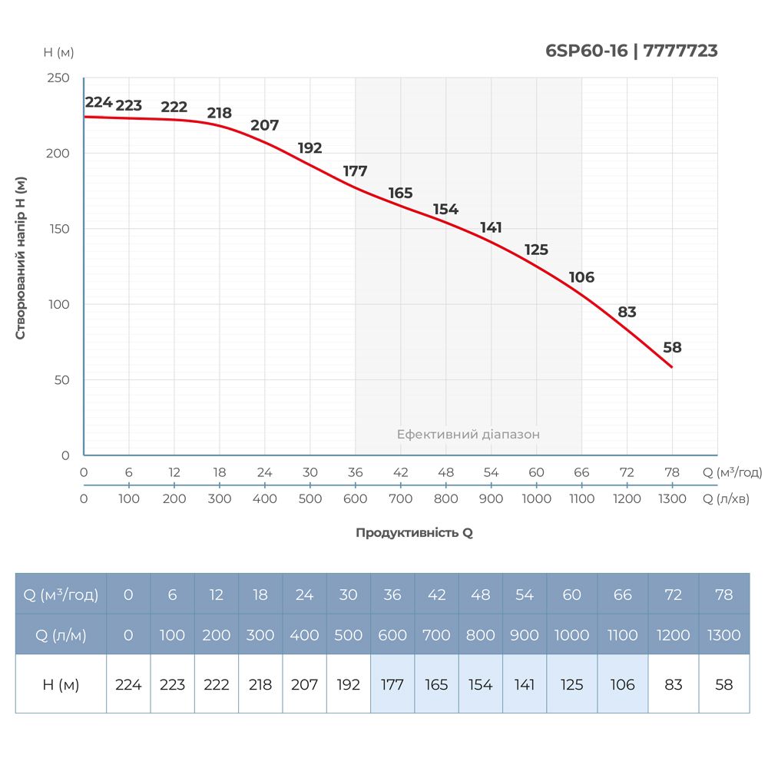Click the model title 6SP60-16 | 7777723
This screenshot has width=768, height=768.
(631, 51)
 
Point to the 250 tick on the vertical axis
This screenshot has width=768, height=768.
(59, 78)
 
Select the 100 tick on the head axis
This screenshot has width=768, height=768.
(59, 304)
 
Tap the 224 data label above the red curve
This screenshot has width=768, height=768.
(98, 102)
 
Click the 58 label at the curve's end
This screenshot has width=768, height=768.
(672, 347)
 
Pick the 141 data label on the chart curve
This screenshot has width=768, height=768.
(491, 227)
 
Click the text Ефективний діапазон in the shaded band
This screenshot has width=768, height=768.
(468, 434)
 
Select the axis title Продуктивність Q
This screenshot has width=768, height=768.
(414, 532)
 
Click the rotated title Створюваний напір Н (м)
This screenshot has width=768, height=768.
(22, 257)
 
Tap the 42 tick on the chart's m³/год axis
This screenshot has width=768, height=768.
(400, 472)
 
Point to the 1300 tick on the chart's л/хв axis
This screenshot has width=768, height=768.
(672, 498)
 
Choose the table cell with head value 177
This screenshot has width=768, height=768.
(392, 684)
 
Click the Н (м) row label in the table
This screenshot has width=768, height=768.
(61, 684)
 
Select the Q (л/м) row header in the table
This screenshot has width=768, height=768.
(61, 635)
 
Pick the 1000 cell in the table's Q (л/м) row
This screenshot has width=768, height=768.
(571, 635)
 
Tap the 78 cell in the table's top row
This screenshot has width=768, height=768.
(723, 594)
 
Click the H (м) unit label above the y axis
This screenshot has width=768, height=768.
(58, 52)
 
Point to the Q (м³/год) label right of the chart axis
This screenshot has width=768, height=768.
(732, 472)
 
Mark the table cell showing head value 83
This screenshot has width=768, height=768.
(673, 684)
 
